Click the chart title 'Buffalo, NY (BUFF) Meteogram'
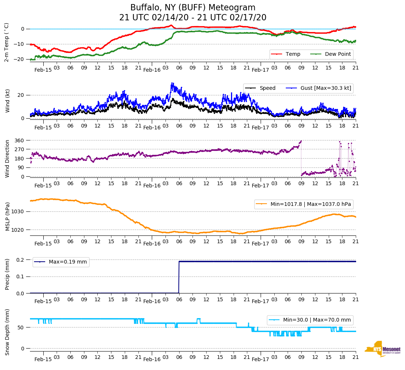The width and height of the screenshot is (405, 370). tap(193, 8)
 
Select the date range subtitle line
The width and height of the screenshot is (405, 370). tap(193, 18)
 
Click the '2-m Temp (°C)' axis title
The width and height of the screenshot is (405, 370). tap(7, 42)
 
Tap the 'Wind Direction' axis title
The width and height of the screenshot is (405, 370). tap(7, 159)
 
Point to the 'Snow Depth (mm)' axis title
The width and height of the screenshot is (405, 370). tap(7, 332)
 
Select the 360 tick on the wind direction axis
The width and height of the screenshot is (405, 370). tap(20, 140)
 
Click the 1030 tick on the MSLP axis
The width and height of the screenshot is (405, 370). tap(18, 212)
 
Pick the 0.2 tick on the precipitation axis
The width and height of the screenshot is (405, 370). tap(20, 260)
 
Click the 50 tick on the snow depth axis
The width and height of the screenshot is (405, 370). tap(21, 327)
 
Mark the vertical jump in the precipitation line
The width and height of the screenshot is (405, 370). tap(179, 277)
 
